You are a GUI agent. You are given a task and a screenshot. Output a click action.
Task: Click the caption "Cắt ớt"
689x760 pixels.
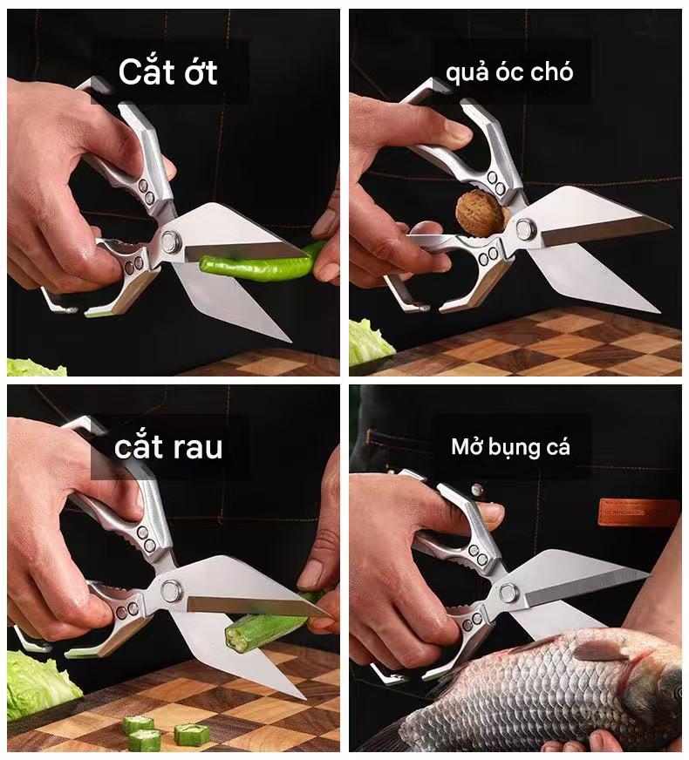[x=167, y=71]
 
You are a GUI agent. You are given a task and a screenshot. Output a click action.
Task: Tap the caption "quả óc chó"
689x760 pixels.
[x=509, y=72]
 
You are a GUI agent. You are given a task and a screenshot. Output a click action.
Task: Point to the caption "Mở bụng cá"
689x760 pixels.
[x=510, y=446]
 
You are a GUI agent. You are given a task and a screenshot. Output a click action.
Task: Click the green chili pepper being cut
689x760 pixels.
[x=262, y=265]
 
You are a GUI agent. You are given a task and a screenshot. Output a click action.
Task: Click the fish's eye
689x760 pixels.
[x=679, y=693]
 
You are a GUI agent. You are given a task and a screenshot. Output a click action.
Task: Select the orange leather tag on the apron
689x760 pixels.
[x=638, y=512]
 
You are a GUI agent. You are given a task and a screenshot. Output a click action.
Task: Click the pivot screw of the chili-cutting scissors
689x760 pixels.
[x=171, y=241]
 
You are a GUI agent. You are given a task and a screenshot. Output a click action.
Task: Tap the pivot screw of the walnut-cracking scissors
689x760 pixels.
[x=526, y=228]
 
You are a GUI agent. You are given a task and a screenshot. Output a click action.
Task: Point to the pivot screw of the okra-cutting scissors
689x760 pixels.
[x=171, y=590]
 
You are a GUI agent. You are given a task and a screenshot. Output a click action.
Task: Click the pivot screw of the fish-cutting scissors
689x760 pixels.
[x=508, y=593]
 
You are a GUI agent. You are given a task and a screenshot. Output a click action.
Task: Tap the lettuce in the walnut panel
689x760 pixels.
[x=370, y=342]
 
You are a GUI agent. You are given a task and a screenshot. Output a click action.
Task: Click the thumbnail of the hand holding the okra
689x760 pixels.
[x=310, y=573]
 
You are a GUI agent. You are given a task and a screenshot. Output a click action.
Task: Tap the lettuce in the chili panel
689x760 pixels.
[x=36, y=368]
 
